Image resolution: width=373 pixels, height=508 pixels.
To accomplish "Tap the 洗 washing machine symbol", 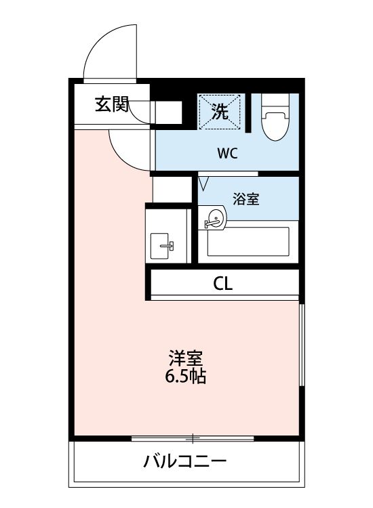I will (219, 112).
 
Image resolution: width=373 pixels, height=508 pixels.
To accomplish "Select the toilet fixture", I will (275, 122).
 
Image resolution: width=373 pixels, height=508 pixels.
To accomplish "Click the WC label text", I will (227, 153).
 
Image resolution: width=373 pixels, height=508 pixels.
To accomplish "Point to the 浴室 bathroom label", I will (246, 199).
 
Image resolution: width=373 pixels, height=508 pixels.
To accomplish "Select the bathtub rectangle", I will (248, 241).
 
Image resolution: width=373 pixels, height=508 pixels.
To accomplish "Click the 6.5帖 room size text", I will (186, 376).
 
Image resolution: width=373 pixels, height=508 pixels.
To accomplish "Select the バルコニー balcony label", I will (184, 463).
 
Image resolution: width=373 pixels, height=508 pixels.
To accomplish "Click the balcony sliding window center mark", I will (193, 438).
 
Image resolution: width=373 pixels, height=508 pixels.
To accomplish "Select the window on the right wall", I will (301, 345).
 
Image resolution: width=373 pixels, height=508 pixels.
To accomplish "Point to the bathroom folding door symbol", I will (203, 183).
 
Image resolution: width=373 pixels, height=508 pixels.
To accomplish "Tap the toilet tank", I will (275, 102).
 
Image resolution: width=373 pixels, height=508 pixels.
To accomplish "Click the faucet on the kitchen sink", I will (170, 245).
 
